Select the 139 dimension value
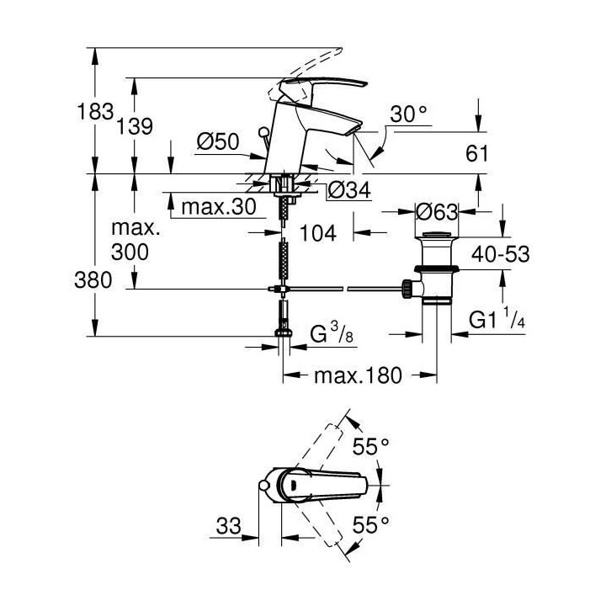pyautogui.click(x=135, y=126)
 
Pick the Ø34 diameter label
pyautogui.click(x=346, y=192)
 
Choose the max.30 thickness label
pyautogui.click(x=215, y=206)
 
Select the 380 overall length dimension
pyautogui.click(x=93, y=281)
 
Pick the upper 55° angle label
pyautogui.click(x=371, y=447)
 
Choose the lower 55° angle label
pyautogui.click(x=371, y=524)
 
